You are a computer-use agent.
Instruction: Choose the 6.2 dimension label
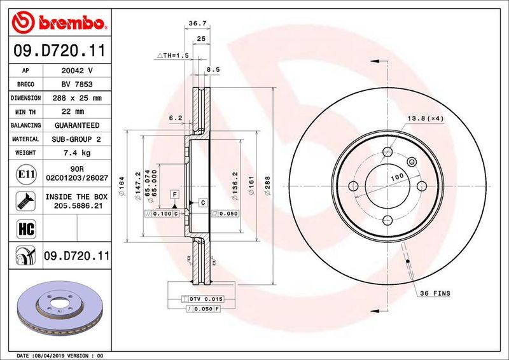(x=176, y=118)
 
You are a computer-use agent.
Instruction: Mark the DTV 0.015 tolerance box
(x=203, y=298)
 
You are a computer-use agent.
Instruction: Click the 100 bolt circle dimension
(x=398, y=176)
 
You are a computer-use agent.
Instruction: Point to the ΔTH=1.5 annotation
(x=172, y=56)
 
